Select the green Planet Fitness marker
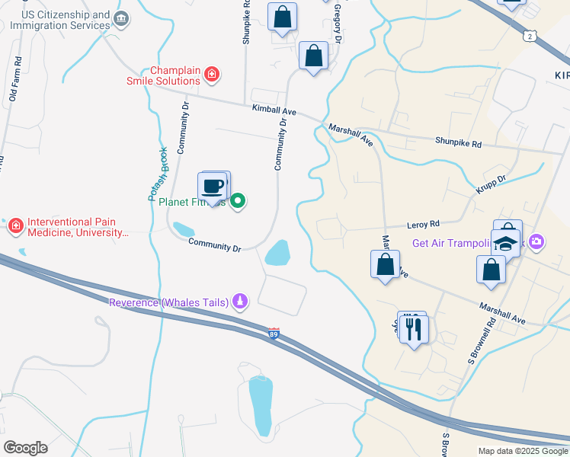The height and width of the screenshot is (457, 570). click(x=238, y=201)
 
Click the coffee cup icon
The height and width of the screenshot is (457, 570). click(x=213, y=186)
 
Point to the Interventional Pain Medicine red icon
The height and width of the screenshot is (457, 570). click(x=15, y=225)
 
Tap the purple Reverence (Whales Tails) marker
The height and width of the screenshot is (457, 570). click(x=240, y=302)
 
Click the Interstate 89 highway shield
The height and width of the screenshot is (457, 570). click(x=274, y=334)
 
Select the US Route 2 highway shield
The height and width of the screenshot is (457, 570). click(x=530, y=36)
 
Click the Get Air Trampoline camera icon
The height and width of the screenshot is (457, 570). click(x=536, y=242)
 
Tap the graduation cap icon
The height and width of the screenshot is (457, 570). click(x=504, y=243)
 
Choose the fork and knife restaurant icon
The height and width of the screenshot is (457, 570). click(x=414, y=328)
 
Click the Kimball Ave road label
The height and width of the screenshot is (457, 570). click(x=274, y=110)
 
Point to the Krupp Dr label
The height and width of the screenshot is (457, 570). click(x=492, y=181)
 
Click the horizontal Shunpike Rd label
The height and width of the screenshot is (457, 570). click(x=458, y=142)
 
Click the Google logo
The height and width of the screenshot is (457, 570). click(x=25, y=448)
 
